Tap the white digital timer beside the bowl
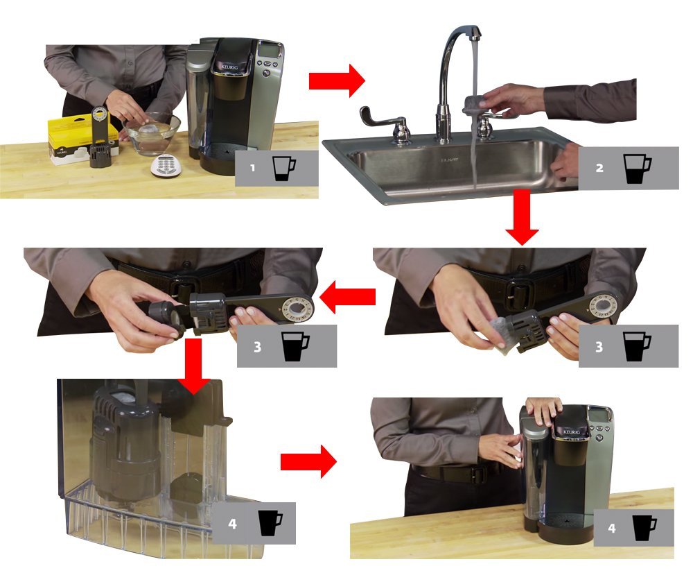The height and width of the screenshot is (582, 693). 164,164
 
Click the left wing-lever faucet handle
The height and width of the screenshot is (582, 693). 378,118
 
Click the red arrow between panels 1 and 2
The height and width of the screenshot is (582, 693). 336,81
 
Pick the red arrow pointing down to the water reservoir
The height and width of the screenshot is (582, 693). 197,376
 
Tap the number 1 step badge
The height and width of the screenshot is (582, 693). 253,169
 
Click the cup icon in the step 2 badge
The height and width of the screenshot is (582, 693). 637,169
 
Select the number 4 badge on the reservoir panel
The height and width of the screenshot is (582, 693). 232,524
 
